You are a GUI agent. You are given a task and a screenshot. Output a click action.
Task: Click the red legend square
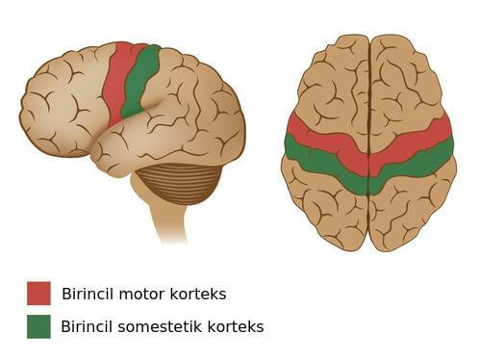38,293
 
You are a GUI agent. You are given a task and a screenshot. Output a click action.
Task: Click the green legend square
38,326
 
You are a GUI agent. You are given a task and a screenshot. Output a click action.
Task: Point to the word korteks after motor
201,294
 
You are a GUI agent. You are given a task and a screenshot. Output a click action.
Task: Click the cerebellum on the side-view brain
179,182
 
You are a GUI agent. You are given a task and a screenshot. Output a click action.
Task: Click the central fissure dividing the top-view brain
369,96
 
